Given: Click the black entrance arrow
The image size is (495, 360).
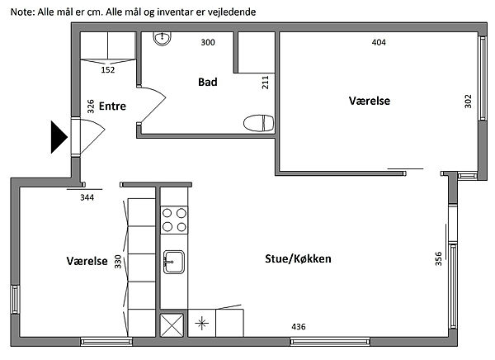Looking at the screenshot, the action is point(59,137).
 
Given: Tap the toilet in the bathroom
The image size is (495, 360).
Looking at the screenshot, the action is point(258,123).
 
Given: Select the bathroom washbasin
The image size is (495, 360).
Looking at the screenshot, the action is point(163,39).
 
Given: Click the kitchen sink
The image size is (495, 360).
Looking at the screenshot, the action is point(173,262).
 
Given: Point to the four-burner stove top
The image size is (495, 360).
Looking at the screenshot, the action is point(174,220).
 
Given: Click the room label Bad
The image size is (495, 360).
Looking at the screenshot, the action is point(208,83).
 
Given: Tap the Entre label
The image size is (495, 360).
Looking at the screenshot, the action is point(112,107).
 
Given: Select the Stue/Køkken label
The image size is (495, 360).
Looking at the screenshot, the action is point(298,259).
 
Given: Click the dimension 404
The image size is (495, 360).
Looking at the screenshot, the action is point(379,42).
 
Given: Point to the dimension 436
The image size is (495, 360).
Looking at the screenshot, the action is point(299,327).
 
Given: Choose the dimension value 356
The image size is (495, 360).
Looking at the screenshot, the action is point(438,258).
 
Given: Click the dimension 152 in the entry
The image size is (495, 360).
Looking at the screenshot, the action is point(108,70).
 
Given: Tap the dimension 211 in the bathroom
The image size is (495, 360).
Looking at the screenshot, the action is point(265,83).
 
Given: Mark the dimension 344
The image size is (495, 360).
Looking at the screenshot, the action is point(87,197).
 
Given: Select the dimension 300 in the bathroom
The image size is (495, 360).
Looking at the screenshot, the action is point(208,42).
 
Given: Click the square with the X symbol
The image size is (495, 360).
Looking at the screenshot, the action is point(172,325).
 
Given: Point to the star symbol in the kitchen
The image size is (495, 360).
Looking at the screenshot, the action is point(202,324).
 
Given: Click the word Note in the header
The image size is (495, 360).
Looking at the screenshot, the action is point(21,12).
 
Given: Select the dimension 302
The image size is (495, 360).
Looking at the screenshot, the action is point(468,101).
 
